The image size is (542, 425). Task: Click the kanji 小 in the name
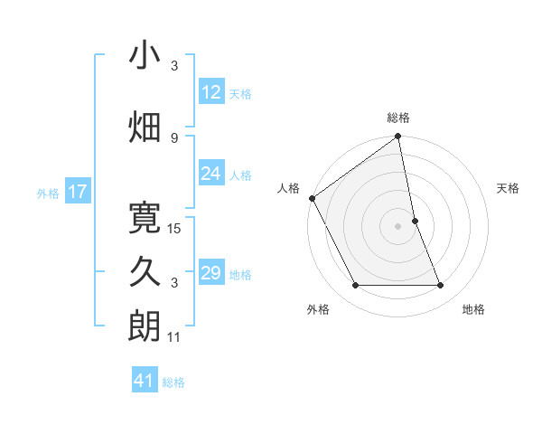pos(145,55)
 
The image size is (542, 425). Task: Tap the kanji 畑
pos(145,126)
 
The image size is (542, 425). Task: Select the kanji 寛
pos(145,215)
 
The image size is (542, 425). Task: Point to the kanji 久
pos(145,270)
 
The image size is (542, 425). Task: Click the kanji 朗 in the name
pos(145,325)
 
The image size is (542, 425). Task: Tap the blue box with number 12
pos(211,92)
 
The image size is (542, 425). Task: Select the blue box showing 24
pos(211,174)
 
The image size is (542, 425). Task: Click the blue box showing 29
pos(211,273)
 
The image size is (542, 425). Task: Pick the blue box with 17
pos(77,192)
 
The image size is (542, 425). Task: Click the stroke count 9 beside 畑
pos(174,137)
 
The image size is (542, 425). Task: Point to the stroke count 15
pos(175,228)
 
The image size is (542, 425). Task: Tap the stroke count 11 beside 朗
pos(175,337)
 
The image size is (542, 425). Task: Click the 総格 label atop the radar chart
pos(398,118)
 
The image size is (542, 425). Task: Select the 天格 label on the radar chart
pos(509,188)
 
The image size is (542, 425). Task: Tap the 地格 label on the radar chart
pos(473,309)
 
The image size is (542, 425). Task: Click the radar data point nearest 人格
pos(312,198)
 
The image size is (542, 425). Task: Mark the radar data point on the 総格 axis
pos(398,137)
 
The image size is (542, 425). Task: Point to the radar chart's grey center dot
pos(398,225)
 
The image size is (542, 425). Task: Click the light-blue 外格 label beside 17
pos(47,193)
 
